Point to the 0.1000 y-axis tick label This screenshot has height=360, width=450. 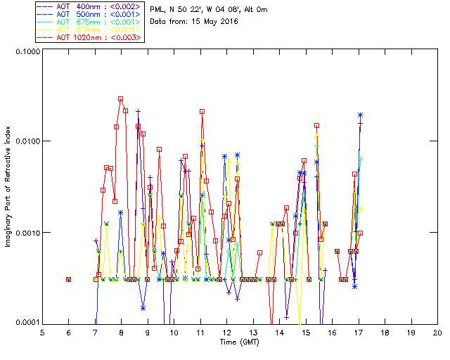pos(26,52)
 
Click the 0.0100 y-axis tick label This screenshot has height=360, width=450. pos(26,142)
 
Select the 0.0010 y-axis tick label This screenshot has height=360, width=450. pos(26,233)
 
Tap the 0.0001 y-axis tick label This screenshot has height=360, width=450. pos(26,323)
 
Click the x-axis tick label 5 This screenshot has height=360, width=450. pos(42,333)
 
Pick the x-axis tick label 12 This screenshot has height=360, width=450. pos(226,333)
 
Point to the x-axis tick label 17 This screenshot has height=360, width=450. pos(359,333)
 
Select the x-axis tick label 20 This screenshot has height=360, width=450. pos(437,333)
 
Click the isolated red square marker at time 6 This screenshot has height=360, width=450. pos(69,279)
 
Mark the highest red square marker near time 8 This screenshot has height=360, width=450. pos(121,99)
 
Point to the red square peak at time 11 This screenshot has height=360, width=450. pos(202,112)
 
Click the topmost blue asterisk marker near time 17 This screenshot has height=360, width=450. pos(360,115)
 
